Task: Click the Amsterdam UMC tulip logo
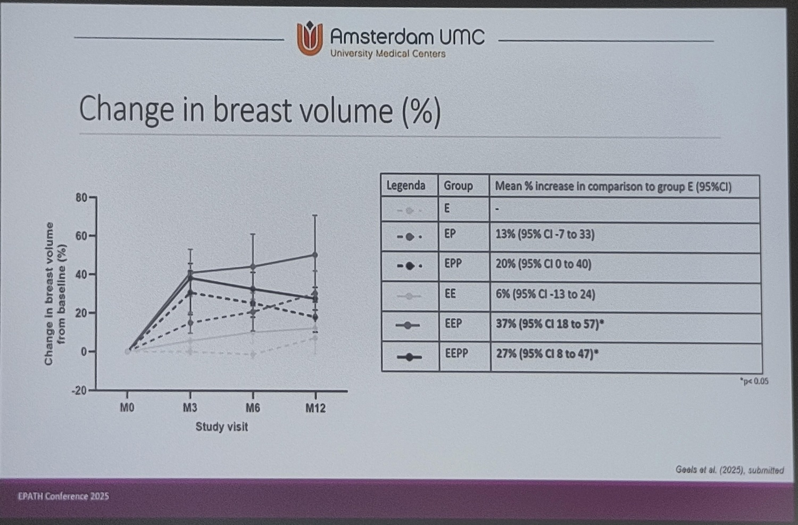(x=310, y=38)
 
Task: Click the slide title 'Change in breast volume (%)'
(x=260, y=110)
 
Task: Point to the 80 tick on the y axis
(x=81, y=198)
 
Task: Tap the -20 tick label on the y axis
(x=79, y=390)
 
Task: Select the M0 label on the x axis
(x=127, y=408)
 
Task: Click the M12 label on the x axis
(x=315, y=408)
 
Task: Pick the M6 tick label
(x=253, y=408)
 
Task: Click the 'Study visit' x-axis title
(x=221, y=426)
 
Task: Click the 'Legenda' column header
(x=406, y=186)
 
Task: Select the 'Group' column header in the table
(x=458, y=186)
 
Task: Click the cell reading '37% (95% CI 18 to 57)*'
(x=550, y=324)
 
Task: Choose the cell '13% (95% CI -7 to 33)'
(x=545, y=234)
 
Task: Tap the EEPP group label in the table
(x=456, y=353)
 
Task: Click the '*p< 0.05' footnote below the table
(x=754, y=381)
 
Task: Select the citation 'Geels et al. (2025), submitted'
(x=729, y=470)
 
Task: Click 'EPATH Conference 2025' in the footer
(x=63, y=496)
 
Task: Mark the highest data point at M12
(x=315, y=255)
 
